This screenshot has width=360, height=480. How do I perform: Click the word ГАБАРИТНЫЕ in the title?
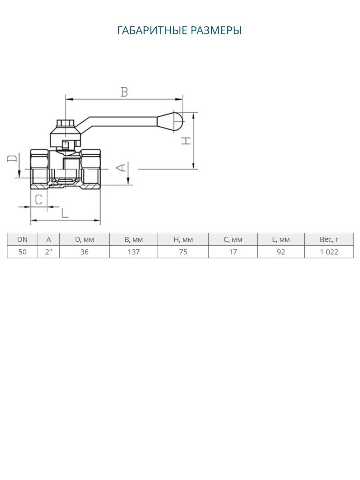click(152, 30)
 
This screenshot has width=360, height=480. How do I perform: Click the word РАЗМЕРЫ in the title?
click(216, 30)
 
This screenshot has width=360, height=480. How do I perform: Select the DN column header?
click(22, 240)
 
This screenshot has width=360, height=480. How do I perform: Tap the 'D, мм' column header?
click(84, 240)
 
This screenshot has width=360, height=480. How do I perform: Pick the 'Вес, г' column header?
click(329, 240)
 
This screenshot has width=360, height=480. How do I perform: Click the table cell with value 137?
click(134, 252)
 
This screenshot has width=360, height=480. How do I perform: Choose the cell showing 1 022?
click(329, 252)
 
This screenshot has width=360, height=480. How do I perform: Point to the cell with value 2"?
click(48, 252)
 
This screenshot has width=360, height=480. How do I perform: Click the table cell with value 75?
click(183, 252)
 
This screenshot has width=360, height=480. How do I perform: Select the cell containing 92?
click(281, 252)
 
